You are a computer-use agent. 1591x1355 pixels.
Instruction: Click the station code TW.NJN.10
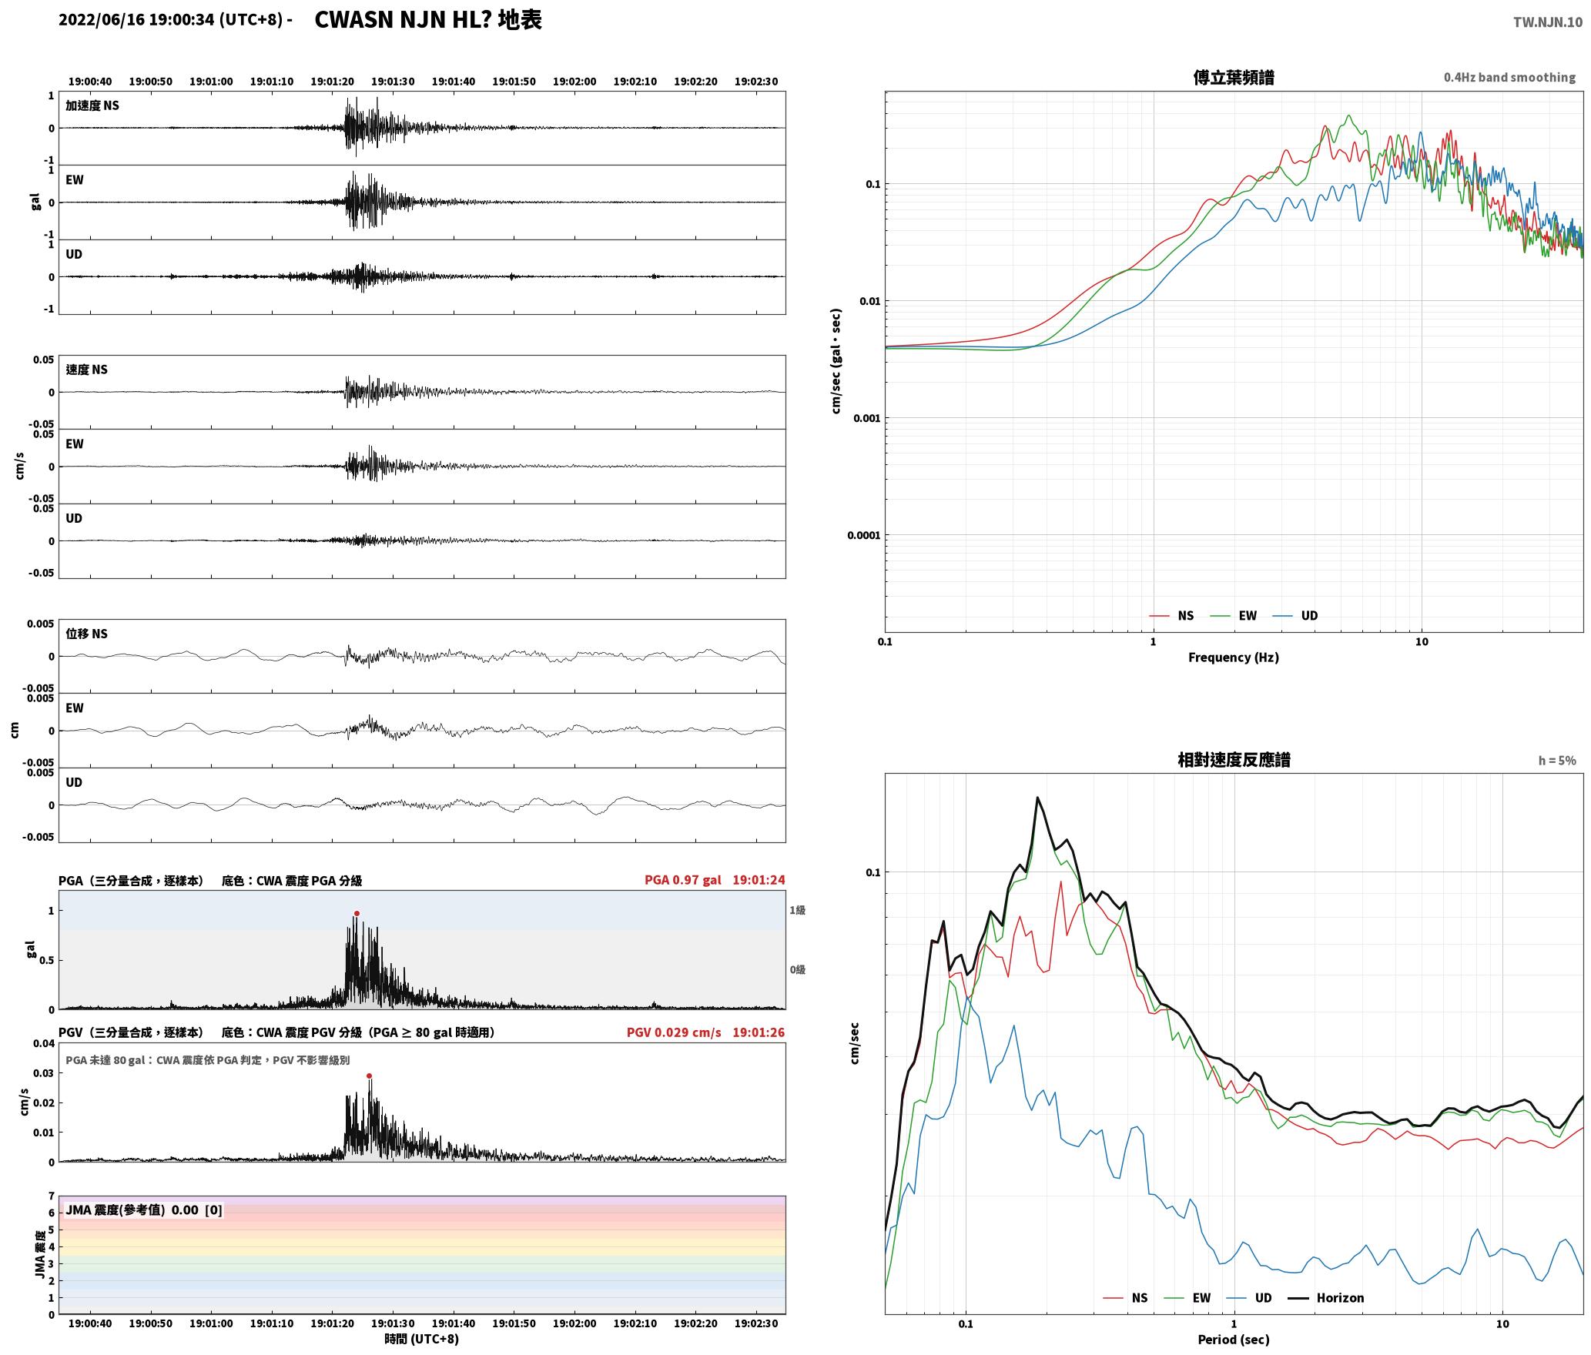1548,22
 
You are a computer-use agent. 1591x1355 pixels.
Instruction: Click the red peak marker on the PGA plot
357,913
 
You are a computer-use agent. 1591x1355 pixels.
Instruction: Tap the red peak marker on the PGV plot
369,1076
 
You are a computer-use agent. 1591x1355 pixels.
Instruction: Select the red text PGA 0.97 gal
682,880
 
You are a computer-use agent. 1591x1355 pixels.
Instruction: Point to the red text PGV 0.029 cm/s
674,1032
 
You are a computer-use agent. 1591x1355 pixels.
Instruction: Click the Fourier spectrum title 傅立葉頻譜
1233,77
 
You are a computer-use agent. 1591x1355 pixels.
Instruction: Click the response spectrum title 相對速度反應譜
1234,760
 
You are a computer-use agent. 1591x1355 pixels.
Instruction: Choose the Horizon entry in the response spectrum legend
1340,1298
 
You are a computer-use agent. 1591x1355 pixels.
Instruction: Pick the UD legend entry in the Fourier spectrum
1309,616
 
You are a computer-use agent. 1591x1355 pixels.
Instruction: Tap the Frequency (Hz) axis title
1233,657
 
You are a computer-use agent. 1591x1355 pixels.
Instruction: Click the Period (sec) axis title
1233,1340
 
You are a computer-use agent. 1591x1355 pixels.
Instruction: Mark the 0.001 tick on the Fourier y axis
866,418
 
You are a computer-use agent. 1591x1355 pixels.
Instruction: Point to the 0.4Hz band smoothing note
1509,77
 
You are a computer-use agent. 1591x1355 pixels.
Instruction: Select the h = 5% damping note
1557,761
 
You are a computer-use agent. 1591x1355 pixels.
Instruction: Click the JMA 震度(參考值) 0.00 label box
143,1210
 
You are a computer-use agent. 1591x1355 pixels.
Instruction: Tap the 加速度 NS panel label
92,105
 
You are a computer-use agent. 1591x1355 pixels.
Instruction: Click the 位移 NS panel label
86,634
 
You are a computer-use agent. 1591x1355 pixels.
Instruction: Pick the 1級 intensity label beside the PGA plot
797,910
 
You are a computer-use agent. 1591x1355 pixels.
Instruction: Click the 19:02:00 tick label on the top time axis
574,82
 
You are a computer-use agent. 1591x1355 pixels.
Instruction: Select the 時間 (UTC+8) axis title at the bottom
422,1339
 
